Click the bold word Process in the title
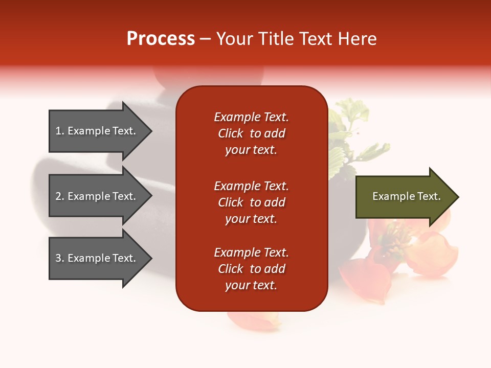161,39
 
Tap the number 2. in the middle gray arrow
60,196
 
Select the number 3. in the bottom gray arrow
60,258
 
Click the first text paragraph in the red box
251,133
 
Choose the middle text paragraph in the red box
251,202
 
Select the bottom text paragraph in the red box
251,269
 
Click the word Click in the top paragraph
230,133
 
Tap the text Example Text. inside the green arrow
406,196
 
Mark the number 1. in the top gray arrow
60,131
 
